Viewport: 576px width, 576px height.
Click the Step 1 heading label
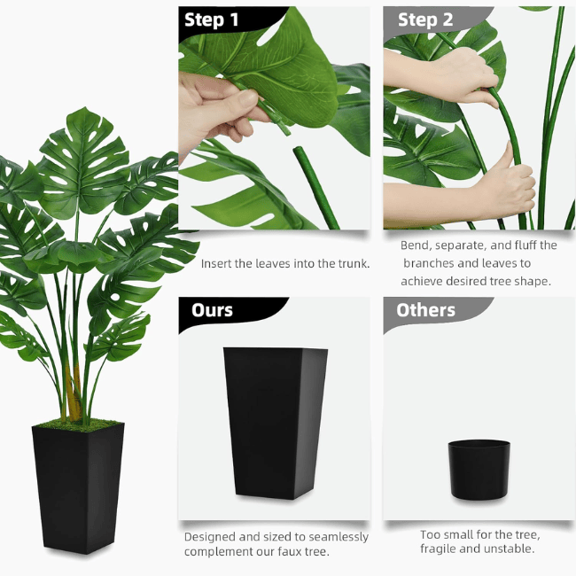coord(211,20)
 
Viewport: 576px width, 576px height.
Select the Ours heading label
coord(213,310)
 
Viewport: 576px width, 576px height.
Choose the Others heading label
coord(425,310)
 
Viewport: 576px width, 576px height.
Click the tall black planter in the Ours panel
coord(275,421)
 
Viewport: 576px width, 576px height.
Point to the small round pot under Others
coord(479,470)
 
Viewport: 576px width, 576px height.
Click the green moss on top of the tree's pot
coord(78,424)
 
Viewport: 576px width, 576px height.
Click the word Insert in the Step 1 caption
coord(217,263)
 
